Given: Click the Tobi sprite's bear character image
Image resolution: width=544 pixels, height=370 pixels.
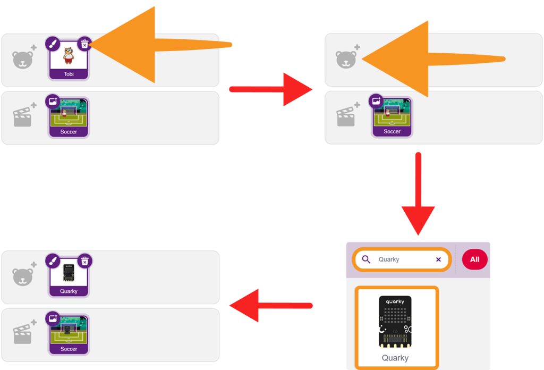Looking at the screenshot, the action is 69,55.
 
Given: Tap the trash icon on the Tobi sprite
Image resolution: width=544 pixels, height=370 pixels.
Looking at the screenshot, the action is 84,44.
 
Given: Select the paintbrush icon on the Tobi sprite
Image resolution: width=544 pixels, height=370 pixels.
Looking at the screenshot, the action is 53,44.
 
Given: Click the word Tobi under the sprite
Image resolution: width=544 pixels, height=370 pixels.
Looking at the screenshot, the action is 69,74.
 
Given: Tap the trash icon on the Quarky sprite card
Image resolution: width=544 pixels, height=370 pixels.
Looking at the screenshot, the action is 84,262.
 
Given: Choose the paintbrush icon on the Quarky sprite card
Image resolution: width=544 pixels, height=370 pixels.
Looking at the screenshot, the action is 53,262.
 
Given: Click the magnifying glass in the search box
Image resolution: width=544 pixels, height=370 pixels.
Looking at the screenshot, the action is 366,259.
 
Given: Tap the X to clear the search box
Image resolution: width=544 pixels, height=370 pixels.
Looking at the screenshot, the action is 438,259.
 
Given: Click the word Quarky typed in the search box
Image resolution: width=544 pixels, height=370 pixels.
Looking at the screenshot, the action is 388,259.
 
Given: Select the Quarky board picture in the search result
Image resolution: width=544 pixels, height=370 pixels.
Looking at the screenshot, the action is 395,322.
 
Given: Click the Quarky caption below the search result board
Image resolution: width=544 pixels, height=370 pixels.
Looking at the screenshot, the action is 395,358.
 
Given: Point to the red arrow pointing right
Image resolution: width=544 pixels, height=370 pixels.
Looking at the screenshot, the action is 270,89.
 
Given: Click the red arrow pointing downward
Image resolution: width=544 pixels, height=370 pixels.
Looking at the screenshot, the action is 419,194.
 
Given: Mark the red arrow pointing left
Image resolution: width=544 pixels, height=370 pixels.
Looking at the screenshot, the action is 271,306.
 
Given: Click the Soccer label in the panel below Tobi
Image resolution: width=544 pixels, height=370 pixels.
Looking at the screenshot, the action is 69,131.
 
